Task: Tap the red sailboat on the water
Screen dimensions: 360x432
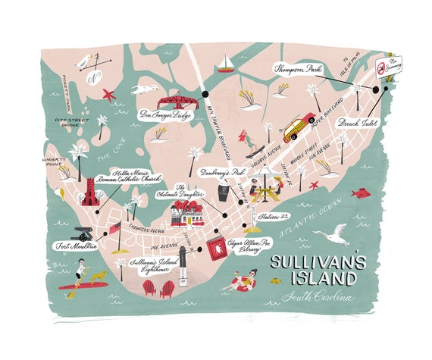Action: point(224,63)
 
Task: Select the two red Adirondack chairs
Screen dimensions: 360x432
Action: point(156,287)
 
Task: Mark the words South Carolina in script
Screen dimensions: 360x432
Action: point(316,297)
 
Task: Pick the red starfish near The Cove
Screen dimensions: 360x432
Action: point(109,95)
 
